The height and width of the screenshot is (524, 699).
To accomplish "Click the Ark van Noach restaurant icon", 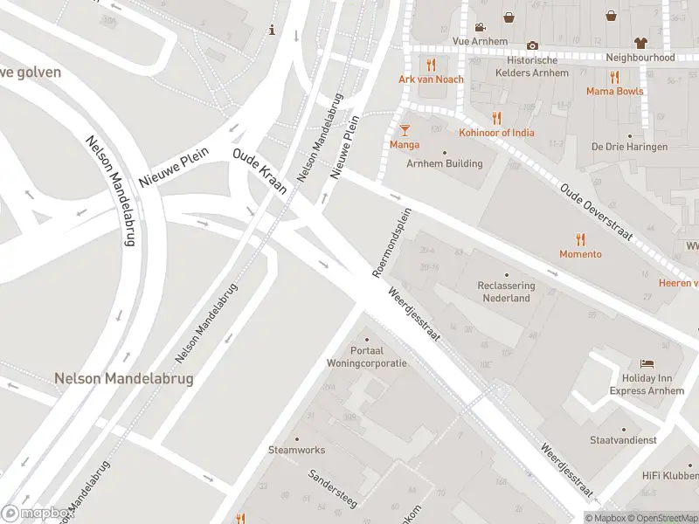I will [x=431, y=65].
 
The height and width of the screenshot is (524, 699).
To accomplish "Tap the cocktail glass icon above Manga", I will [x=404, y=130].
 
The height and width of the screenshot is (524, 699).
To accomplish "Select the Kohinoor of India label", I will [x=496, y=133].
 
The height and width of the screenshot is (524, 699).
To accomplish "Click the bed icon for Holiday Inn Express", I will [x=647, y=363].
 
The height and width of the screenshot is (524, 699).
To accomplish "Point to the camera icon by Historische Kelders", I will [x=532, y=45].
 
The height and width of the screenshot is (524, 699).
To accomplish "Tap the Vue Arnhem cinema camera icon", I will [x=480, y=26].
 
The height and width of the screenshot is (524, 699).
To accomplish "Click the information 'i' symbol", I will [x=273, y=31].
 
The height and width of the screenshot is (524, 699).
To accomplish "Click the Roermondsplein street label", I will [x=391, y=243].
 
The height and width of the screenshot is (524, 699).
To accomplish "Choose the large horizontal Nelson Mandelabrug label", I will [x=123, y=379].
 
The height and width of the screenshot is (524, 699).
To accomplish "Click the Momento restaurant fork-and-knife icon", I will [x=580, y=240].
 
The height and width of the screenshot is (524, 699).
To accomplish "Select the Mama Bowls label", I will [x=614, y=92].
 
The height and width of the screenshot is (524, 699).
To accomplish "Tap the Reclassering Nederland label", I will [x=507, y=292].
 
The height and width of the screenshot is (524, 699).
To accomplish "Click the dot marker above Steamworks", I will [x=296, y=439].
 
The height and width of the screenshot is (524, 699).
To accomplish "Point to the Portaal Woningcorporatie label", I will [x=366, y=356].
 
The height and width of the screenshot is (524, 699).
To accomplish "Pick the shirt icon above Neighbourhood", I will [x=640, y=42].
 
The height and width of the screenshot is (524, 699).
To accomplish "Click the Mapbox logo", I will [x=37, y=514].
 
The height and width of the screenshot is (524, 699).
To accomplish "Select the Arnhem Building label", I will [x=444, y=163].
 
